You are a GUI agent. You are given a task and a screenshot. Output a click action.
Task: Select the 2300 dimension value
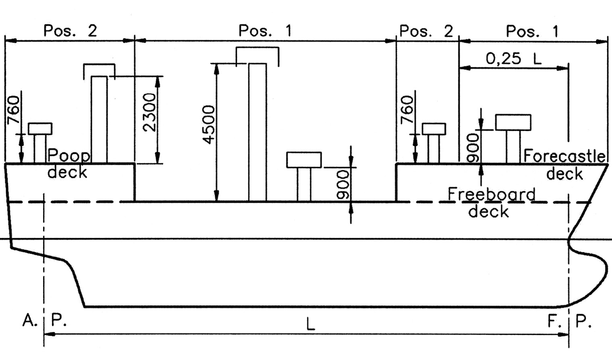pyautogui.click(x=149, y=112)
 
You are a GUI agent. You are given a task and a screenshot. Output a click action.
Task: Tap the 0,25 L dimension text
pyautogui.click(x=513, y=59)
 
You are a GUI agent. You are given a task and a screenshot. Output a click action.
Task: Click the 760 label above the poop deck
pyautogui.click(x=13, y=110)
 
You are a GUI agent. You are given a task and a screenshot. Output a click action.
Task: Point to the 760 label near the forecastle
pyautogui.click(x=407, y=110)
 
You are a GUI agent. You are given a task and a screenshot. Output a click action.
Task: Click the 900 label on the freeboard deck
pyautogui.click(x=343, y=185)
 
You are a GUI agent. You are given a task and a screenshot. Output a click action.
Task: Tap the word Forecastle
pyautogui.click(x=564, y=156)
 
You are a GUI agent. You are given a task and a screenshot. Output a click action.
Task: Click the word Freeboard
pyautogui.click(x=492, y=195)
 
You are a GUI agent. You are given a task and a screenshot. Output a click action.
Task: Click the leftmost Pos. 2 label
pyautogui.click(x=70, y=31)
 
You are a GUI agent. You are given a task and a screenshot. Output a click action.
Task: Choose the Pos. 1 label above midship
pyautogui.click(x=265, y=31)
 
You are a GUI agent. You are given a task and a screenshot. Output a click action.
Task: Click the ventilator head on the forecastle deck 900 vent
pyautogui.click(x=513, y=123)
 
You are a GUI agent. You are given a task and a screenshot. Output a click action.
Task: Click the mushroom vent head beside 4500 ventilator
pyautogui.click(x=304, y=160)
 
